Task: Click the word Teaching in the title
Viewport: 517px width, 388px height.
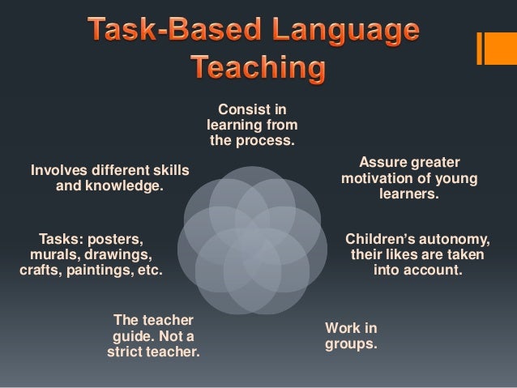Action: click(x=258, y=68)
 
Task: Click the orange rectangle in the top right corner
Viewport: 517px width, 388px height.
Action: click(x=496, y=48)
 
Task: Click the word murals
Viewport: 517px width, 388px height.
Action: click(x=51, y=255)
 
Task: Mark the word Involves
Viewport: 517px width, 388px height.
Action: click(x=58, y=170)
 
